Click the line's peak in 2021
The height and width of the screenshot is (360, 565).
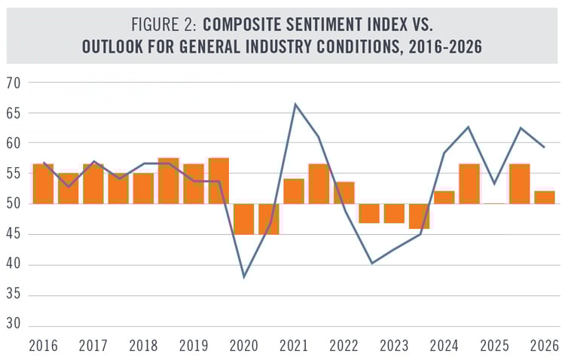(295, 104)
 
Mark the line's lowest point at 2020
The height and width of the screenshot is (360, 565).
(244, 277)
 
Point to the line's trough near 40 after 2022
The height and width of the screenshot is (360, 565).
(371, 263)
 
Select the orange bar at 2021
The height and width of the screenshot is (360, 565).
(294, 191)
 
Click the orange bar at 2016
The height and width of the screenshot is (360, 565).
(43, 184)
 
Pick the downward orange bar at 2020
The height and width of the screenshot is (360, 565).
(243, 218)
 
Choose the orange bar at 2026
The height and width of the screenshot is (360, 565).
(545, 197)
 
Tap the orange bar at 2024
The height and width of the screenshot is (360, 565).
(444, 197)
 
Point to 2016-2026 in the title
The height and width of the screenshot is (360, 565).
(434, 46)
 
